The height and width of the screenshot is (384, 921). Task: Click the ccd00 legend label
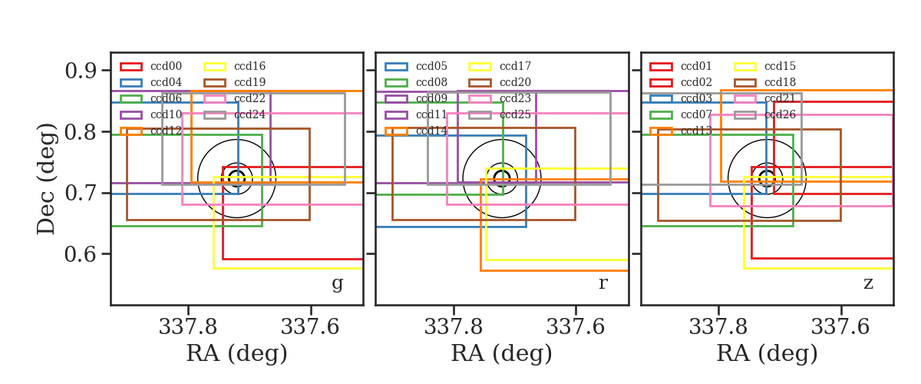[x=166, y=66]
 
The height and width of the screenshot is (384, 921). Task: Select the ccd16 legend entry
[x=249, y=66]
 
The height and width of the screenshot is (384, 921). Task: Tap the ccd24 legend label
[x=249, y=114]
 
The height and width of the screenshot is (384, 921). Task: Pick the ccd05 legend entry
[x=431, y=66]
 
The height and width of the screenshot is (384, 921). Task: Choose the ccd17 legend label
[x=515, y=66]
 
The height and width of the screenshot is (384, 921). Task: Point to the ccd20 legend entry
[x=515, y=82]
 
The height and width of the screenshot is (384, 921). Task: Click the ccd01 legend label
[x=696, y=66]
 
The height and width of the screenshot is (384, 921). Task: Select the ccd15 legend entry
[x=780, y=66]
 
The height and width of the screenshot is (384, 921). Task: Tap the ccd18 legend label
[x=780, y=82]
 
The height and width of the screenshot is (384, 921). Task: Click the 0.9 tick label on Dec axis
[x=81, y=71]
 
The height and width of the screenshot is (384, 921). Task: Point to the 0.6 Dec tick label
[x=81, y=254]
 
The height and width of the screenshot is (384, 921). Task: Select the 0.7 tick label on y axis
[x=81, y=193]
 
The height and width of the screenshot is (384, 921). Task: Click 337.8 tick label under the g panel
[x=188, y=327]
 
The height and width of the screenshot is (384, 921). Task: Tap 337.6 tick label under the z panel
[x=840, y=327]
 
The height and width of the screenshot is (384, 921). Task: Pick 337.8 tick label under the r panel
[x=453, y=327]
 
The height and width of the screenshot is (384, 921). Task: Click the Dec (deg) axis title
[x=45, y=179]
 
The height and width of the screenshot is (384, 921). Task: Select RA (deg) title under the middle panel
[x=502, y=354]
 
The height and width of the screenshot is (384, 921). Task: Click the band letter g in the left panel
[x=337, y=283]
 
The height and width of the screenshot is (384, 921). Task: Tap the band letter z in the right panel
[x=868, y=283]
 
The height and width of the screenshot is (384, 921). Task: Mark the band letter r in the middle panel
[x=602, y=283]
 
